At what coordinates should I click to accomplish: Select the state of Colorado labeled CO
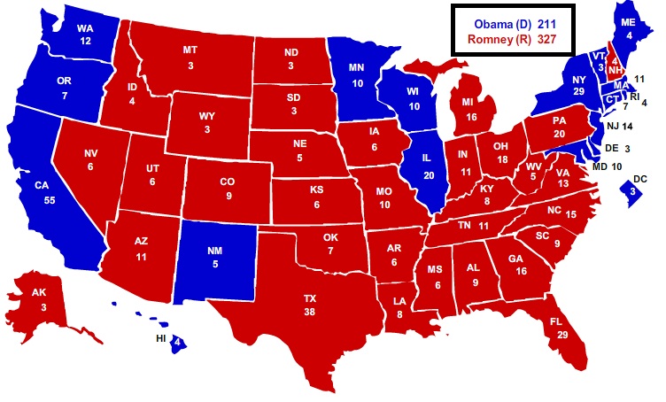pyautogui.click(x=228, y=182)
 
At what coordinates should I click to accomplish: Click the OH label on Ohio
pyautogui.click(x=500, y=145)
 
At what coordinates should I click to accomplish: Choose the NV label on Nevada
pyautogui.click(x=91, y=153)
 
